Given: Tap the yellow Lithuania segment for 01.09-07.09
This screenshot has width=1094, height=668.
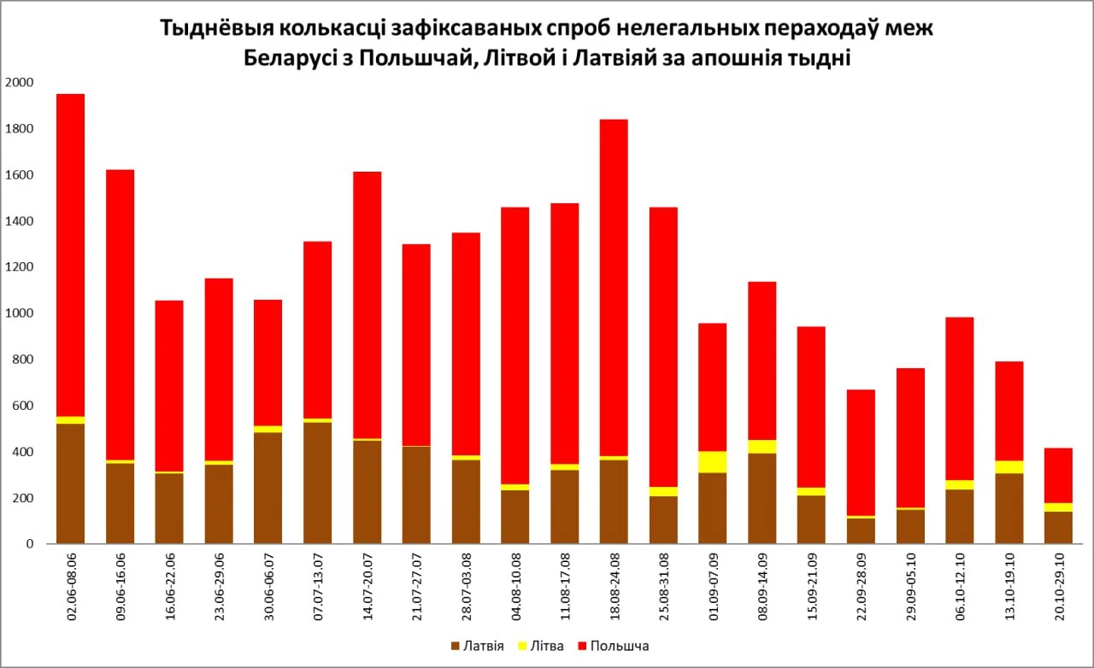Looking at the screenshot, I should [712, 462].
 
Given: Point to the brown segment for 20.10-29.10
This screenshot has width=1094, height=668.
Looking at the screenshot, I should [1058, 527].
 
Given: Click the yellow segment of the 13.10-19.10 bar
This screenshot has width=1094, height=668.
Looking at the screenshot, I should [1009, 466].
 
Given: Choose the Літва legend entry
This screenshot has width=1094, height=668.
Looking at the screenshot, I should [540, 646].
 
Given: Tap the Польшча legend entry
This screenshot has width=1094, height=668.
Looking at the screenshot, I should [612, 646].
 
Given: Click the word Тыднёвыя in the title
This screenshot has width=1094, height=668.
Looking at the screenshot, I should [214, 29].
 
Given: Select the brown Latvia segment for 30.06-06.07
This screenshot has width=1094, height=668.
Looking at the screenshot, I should [268, 487].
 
